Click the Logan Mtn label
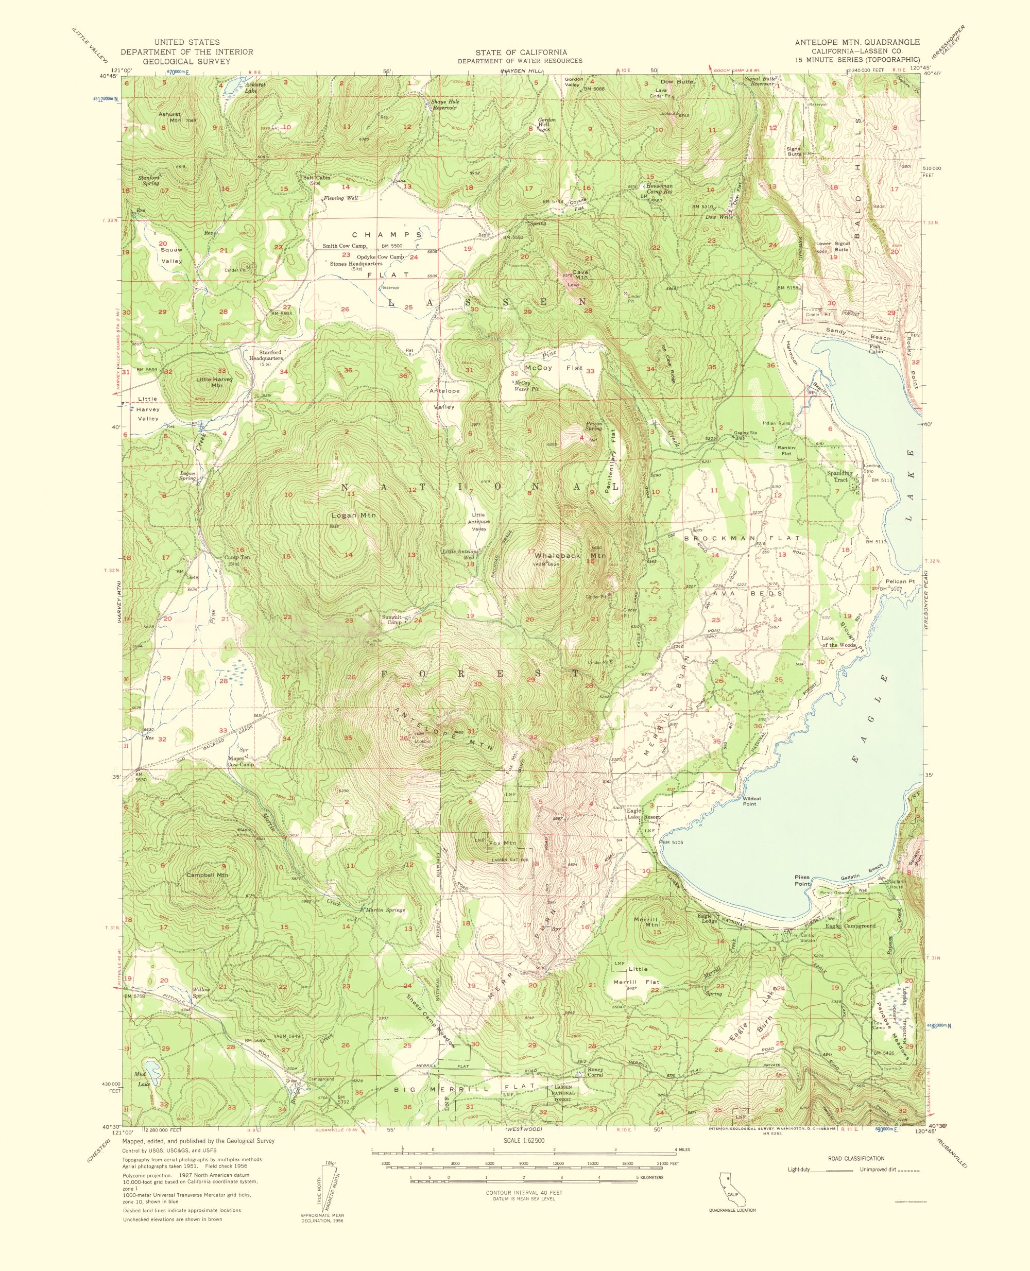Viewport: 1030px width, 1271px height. click(x=354, y=515)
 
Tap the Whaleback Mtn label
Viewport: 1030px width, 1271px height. click(x=570, y=555)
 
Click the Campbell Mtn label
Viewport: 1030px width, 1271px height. click(x=207, y=875)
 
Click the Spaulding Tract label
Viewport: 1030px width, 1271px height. click(x=840, y=476)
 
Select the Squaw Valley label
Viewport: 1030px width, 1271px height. click(x=171, y=255)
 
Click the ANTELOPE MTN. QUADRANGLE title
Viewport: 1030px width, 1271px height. click(x=857, y=42)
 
